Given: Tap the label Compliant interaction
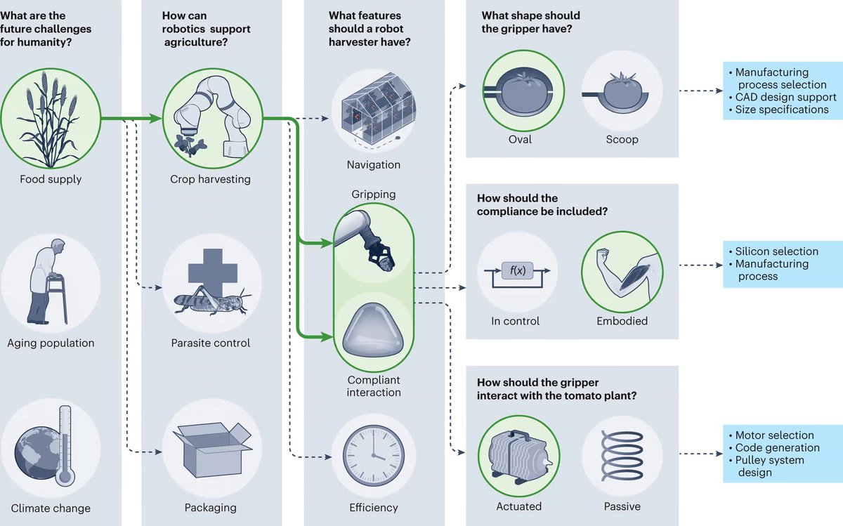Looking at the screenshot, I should click(374, 386).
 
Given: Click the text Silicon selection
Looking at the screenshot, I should click(776, 251).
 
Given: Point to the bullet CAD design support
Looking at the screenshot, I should click(785, 97).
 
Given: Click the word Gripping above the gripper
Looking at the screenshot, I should click(374, 194).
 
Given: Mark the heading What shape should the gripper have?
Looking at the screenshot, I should click(531, 22).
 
